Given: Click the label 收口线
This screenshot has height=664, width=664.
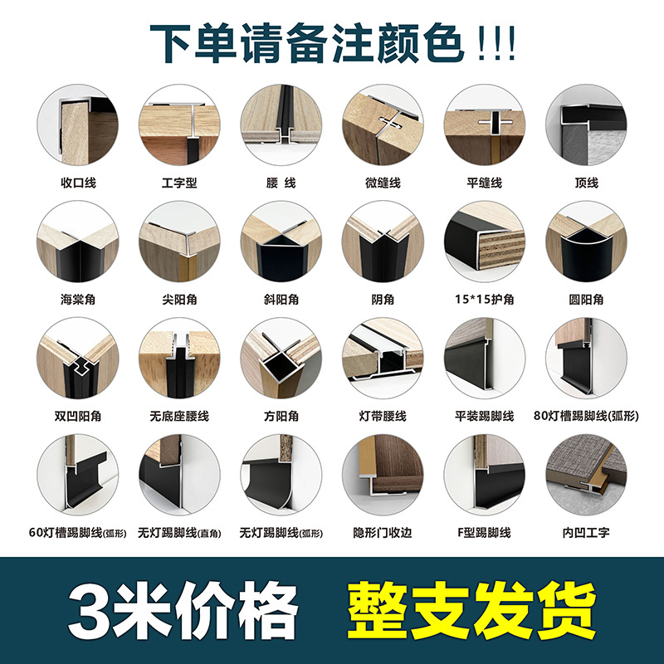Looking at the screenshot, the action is click(78, 183).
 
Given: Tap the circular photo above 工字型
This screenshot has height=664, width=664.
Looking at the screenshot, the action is click(179, 125).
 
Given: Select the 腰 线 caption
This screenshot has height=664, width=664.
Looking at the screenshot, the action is click(281, 183).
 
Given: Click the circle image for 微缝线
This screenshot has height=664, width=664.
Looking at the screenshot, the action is click(383, 125).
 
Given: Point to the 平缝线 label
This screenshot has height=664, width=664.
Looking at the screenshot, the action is click(485, 183).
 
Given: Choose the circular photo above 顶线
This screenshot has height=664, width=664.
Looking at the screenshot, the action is click(586, 125).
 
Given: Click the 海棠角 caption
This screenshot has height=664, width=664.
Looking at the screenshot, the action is click(78, 300).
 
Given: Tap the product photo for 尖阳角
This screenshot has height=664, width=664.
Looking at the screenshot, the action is click(179, 242).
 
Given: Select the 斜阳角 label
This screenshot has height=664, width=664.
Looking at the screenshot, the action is click(281, 300).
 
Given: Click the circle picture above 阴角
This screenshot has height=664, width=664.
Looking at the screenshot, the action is click(383, 242).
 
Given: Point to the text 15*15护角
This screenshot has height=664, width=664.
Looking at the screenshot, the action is click(485, 300).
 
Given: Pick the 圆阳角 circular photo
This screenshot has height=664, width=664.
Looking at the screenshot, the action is click(586, 242).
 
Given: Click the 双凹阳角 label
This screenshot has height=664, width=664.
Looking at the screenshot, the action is click(78, 417).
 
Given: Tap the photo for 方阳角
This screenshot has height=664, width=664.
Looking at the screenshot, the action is click(281, 359).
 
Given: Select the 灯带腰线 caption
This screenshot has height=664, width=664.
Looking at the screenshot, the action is click(383, 417).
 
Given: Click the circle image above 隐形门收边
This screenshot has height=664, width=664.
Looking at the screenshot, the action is click(383, 475).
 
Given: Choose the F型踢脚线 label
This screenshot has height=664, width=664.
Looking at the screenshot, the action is click(485, 533).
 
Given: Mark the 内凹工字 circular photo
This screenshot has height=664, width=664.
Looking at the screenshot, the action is click(586, 475).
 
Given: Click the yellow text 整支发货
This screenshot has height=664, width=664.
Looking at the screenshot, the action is click(471, 610).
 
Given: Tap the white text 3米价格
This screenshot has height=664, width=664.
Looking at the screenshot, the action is click(183, 610).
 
